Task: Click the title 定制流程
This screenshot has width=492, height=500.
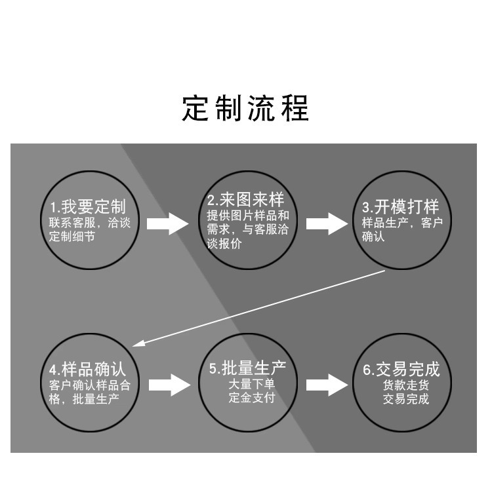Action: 245,108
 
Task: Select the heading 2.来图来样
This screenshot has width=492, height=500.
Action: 245,199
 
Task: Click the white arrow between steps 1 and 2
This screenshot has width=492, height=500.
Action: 168,223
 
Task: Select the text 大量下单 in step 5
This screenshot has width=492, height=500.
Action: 251,383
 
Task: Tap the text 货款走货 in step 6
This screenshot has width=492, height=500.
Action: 406,385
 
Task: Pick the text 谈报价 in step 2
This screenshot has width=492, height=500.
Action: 224,243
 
